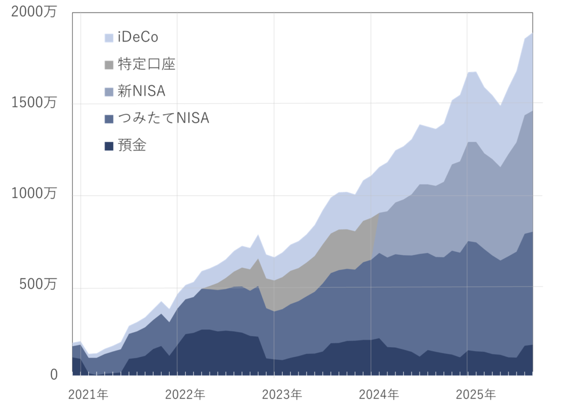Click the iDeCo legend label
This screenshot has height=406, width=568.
click(138, 37)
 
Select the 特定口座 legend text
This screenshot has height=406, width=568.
click(146, 64)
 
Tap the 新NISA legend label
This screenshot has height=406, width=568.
click(141, 91)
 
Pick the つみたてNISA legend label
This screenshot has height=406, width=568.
click(163, 118)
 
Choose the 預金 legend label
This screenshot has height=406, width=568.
click(132, 145)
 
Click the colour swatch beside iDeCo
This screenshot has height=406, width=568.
click(109, 38)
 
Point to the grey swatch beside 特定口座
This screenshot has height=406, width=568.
click(109, 64)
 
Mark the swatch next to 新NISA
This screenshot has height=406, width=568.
click(109, 92)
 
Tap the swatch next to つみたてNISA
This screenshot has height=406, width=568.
click(109, 119)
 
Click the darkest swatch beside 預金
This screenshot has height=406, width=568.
click(109, 146)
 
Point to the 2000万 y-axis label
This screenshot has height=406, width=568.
click(34, 13)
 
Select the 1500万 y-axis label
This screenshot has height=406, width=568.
click(34, 103)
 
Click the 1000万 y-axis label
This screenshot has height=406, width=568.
click(34, 194)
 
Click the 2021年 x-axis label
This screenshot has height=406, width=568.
click(88, 395)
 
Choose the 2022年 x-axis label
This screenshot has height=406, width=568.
click(185, 395)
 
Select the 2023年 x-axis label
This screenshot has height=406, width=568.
click(282, 395)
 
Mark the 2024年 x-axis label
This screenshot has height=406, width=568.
click(379, 395)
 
